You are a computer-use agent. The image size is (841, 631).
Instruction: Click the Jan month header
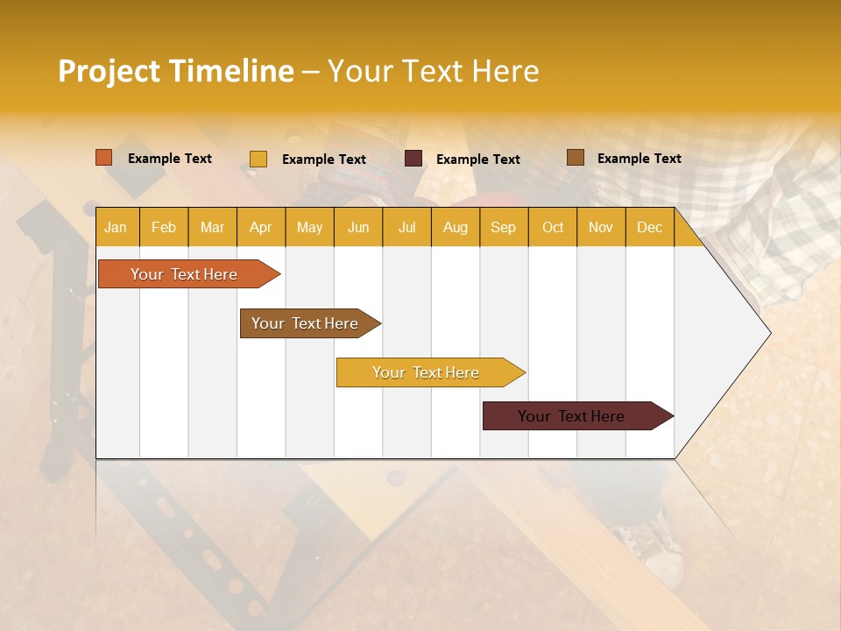coord(116,228)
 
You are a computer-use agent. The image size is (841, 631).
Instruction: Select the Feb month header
coord(164,228)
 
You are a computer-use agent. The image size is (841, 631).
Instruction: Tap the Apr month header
coord(260,228)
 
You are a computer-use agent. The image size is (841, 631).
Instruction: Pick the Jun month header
coord(358,228)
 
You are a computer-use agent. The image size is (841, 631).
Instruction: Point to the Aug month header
coord(455,228)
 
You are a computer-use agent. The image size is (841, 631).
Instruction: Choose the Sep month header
coord(503,228)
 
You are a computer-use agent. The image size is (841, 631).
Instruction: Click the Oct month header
coord(553,228)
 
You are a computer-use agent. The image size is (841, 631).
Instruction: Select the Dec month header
coord(649,228)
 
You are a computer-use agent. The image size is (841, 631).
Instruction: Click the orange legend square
coord(104,158)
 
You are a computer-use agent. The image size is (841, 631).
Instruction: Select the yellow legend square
coord(258,159)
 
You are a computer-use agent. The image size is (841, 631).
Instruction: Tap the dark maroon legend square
coord(413,159)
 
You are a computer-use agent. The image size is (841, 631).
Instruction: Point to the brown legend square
coord(576,158)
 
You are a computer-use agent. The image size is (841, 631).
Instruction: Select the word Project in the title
coord(109,71)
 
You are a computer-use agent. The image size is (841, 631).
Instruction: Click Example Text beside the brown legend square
coord(639,159)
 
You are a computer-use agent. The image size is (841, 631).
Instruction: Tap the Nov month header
coord(600,228)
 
